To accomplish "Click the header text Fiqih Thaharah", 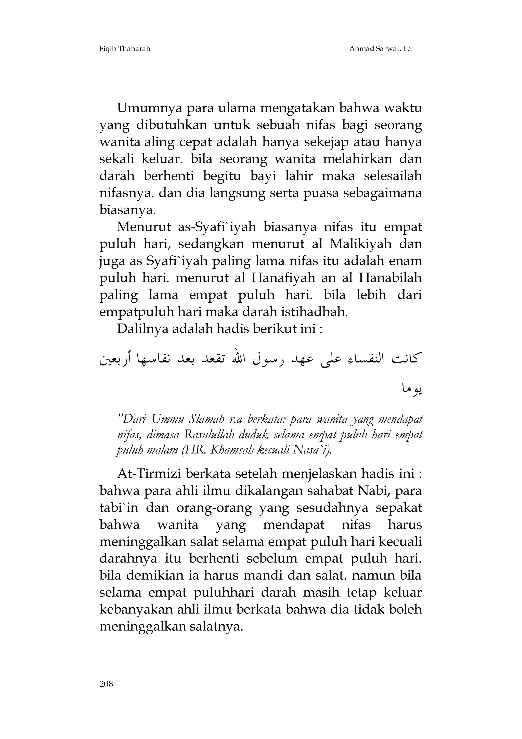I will click(125, 49).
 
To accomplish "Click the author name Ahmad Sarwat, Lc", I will click(380, 49).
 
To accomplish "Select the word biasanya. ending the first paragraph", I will click(127, 210).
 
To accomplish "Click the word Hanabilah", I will click(390, 278).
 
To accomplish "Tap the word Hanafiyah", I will click(283, 278).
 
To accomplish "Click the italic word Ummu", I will click(164, 419).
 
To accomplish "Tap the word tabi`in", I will click(119, 508).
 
